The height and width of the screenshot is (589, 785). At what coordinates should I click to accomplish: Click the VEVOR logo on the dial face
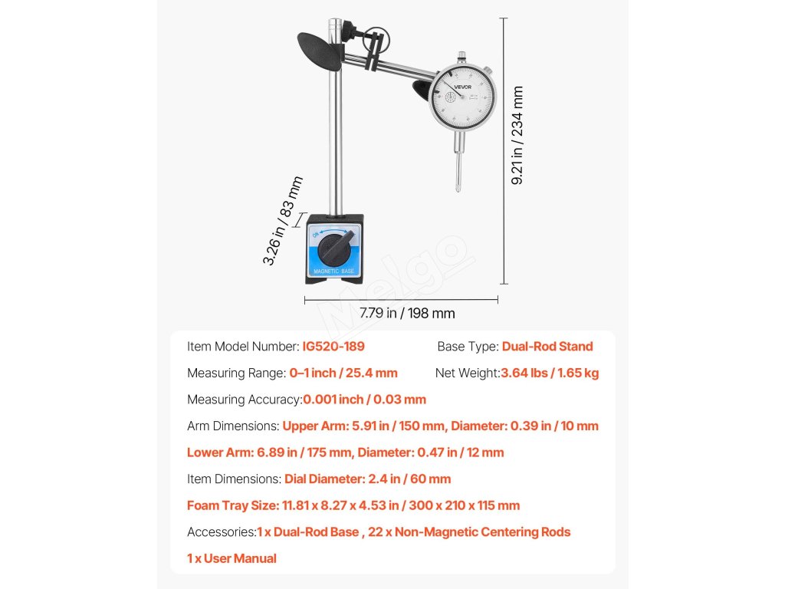point(463,87)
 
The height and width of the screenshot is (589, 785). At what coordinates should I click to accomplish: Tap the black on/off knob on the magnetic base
point(333,249)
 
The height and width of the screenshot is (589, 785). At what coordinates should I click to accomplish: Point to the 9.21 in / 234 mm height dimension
point(518,136)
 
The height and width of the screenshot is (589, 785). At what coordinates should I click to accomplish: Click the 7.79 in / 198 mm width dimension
point(407,313)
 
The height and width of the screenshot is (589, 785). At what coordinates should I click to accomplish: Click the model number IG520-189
point(333,347)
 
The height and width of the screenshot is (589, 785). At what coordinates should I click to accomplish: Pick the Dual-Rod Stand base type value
point(547,347)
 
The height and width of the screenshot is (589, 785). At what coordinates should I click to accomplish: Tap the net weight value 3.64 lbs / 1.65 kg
point(550,373)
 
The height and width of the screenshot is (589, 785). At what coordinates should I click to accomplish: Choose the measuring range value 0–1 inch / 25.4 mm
point(343,373)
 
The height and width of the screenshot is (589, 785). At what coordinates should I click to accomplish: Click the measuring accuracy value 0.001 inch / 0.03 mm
point(364,400)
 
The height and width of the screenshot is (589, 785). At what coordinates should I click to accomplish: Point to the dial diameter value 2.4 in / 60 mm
point(368,479)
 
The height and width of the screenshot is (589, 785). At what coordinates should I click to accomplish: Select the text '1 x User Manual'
point(232,558)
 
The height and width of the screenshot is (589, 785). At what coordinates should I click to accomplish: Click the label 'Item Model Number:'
point(243,347)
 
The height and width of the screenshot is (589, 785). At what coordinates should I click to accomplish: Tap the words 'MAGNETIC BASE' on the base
point(333,271)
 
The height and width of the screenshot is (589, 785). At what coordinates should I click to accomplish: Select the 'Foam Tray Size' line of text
point(353,505)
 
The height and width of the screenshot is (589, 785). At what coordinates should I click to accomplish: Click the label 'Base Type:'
point(468,347)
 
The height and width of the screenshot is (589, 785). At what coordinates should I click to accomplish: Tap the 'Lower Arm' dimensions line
point(346,452)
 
